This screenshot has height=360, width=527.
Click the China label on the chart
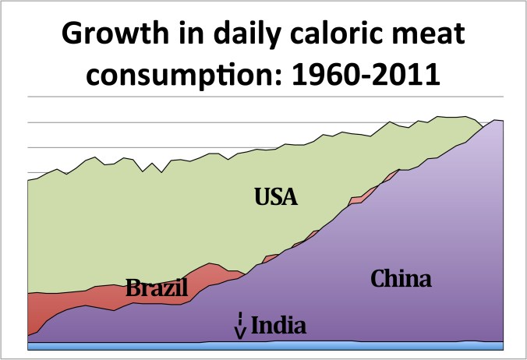point(401,279)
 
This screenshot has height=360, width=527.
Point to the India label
point(278,324)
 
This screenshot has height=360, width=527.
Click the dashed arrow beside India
point(241,326)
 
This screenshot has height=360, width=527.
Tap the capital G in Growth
point(75,36)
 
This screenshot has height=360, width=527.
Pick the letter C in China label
point(378,279)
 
